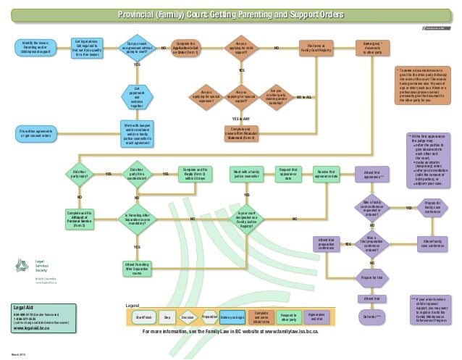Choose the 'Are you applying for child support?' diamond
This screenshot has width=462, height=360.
[x=241, y=48]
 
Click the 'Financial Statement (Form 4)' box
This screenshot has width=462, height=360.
[x=241, y=133]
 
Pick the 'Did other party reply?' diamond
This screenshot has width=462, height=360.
[x=80, y=175]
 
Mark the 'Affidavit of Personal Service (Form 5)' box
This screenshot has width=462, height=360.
[x=80, y=218]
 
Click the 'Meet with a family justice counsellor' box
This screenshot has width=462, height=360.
[x=246, y=174]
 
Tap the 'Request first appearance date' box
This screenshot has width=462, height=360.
[x=288, y=174]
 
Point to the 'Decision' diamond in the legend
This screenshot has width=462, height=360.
[x=187, y=317]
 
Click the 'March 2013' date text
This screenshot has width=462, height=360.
[x=18, y=353]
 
